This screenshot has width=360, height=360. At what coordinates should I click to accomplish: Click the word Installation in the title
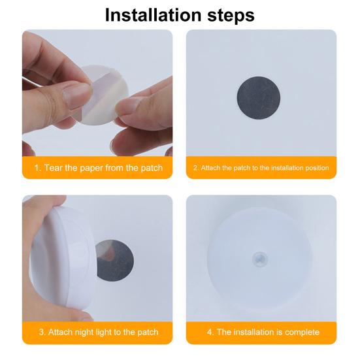(x=153, y=15)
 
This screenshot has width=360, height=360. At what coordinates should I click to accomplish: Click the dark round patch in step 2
(x=259, y=98)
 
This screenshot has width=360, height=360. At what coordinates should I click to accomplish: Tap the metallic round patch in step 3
(x=116, y=260)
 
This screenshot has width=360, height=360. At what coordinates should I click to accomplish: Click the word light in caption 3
(x=103, y=333)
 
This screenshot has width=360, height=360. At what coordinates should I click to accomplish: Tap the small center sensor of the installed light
(x=259, y=259)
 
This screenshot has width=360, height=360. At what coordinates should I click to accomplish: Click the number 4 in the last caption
(x=210, y=332)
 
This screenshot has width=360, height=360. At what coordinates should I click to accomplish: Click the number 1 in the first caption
(x=37, y=168)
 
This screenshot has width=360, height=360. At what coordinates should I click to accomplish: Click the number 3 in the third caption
(x=42, y=332)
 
